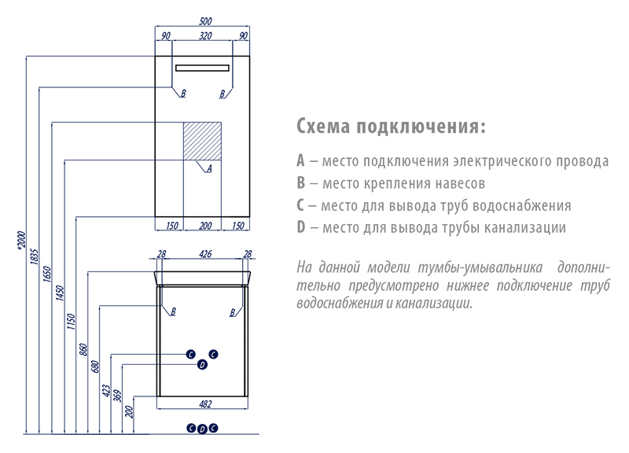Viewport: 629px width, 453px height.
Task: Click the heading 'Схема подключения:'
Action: point(391,127)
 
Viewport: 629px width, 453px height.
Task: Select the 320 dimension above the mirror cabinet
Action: point(204,36)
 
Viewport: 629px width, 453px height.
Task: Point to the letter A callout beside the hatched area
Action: point(209,168)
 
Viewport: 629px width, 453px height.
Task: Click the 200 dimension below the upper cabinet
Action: point(204,226)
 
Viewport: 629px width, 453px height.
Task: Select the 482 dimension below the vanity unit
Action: point(204,404)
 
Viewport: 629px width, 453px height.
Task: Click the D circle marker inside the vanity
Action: point(201,364)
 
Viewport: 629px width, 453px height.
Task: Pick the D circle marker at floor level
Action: point(202,429)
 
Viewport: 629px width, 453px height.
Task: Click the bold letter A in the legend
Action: point(300,162)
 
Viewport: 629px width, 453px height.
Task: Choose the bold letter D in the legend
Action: point(300,228)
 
